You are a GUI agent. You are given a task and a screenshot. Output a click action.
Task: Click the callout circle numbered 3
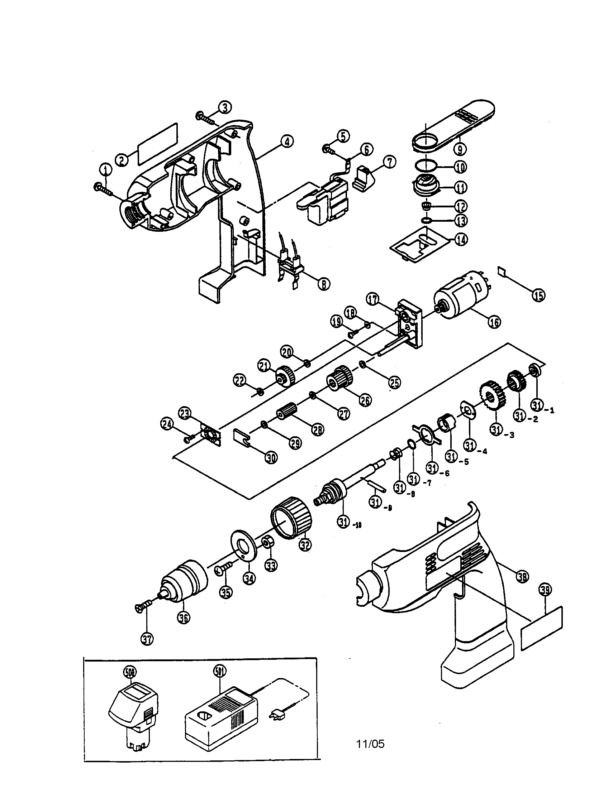(224, 107)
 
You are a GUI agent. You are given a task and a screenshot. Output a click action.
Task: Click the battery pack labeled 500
(134, 713)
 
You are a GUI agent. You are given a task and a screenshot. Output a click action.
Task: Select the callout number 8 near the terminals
(323, 285)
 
